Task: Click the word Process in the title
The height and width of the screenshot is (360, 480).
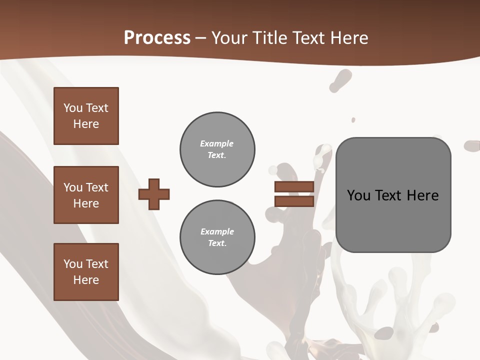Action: coord(157,38)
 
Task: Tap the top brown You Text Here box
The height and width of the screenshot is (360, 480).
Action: coord(86,116)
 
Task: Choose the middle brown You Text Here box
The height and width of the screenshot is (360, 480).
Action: coord(86,195)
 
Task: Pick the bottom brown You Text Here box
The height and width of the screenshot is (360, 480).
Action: coord(86,272)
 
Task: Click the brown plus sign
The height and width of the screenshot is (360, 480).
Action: coord(154,194)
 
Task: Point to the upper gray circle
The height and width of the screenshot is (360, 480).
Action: coord(217,149)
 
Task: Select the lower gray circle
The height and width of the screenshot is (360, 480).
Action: coord(217,237)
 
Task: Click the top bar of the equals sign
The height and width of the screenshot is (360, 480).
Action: coord(294,187)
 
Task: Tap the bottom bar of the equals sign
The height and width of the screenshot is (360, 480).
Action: coord(294,201)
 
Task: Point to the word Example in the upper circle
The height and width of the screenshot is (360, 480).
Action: coord(217,143)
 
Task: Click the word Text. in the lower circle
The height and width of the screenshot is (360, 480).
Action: coord(217,243)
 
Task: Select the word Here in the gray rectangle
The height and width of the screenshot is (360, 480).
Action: coord(422,195)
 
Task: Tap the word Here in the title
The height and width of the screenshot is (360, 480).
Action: coord(348,38)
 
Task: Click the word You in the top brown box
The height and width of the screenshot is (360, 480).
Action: coord(73,108)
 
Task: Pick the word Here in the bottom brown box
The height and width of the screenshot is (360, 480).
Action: coord(86,280)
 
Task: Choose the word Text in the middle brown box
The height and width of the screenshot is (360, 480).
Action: coord(97,187)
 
